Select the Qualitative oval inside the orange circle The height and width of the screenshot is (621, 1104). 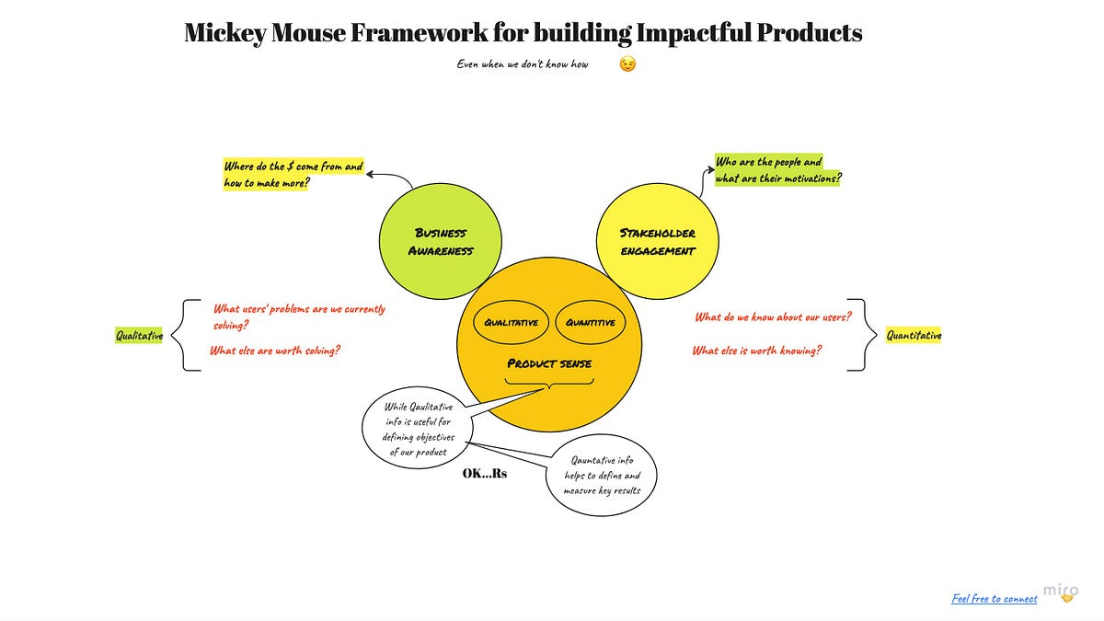pos(512,323)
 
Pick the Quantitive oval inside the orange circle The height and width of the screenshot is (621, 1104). pos(591,323)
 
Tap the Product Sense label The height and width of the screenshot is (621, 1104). pos(549,363)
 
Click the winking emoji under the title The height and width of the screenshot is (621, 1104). pos(627,64)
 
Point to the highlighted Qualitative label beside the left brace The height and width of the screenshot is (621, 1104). pos(139,336)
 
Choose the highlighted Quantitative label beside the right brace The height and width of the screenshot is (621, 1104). pos(914,336)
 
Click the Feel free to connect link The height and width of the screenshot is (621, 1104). pos(994,599)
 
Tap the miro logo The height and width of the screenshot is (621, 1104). pos(1061,592)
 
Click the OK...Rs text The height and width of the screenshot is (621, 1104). pos(485,475)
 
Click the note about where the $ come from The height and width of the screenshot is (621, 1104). pos(293,175)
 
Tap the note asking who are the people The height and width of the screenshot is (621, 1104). pos(777,170)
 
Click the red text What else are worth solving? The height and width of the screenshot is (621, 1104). pos(275,351)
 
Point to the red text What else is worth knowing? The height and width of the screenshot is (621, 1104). pos(757,351)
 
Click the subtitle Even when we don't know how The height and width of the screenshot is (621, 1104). pos(523,64)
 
